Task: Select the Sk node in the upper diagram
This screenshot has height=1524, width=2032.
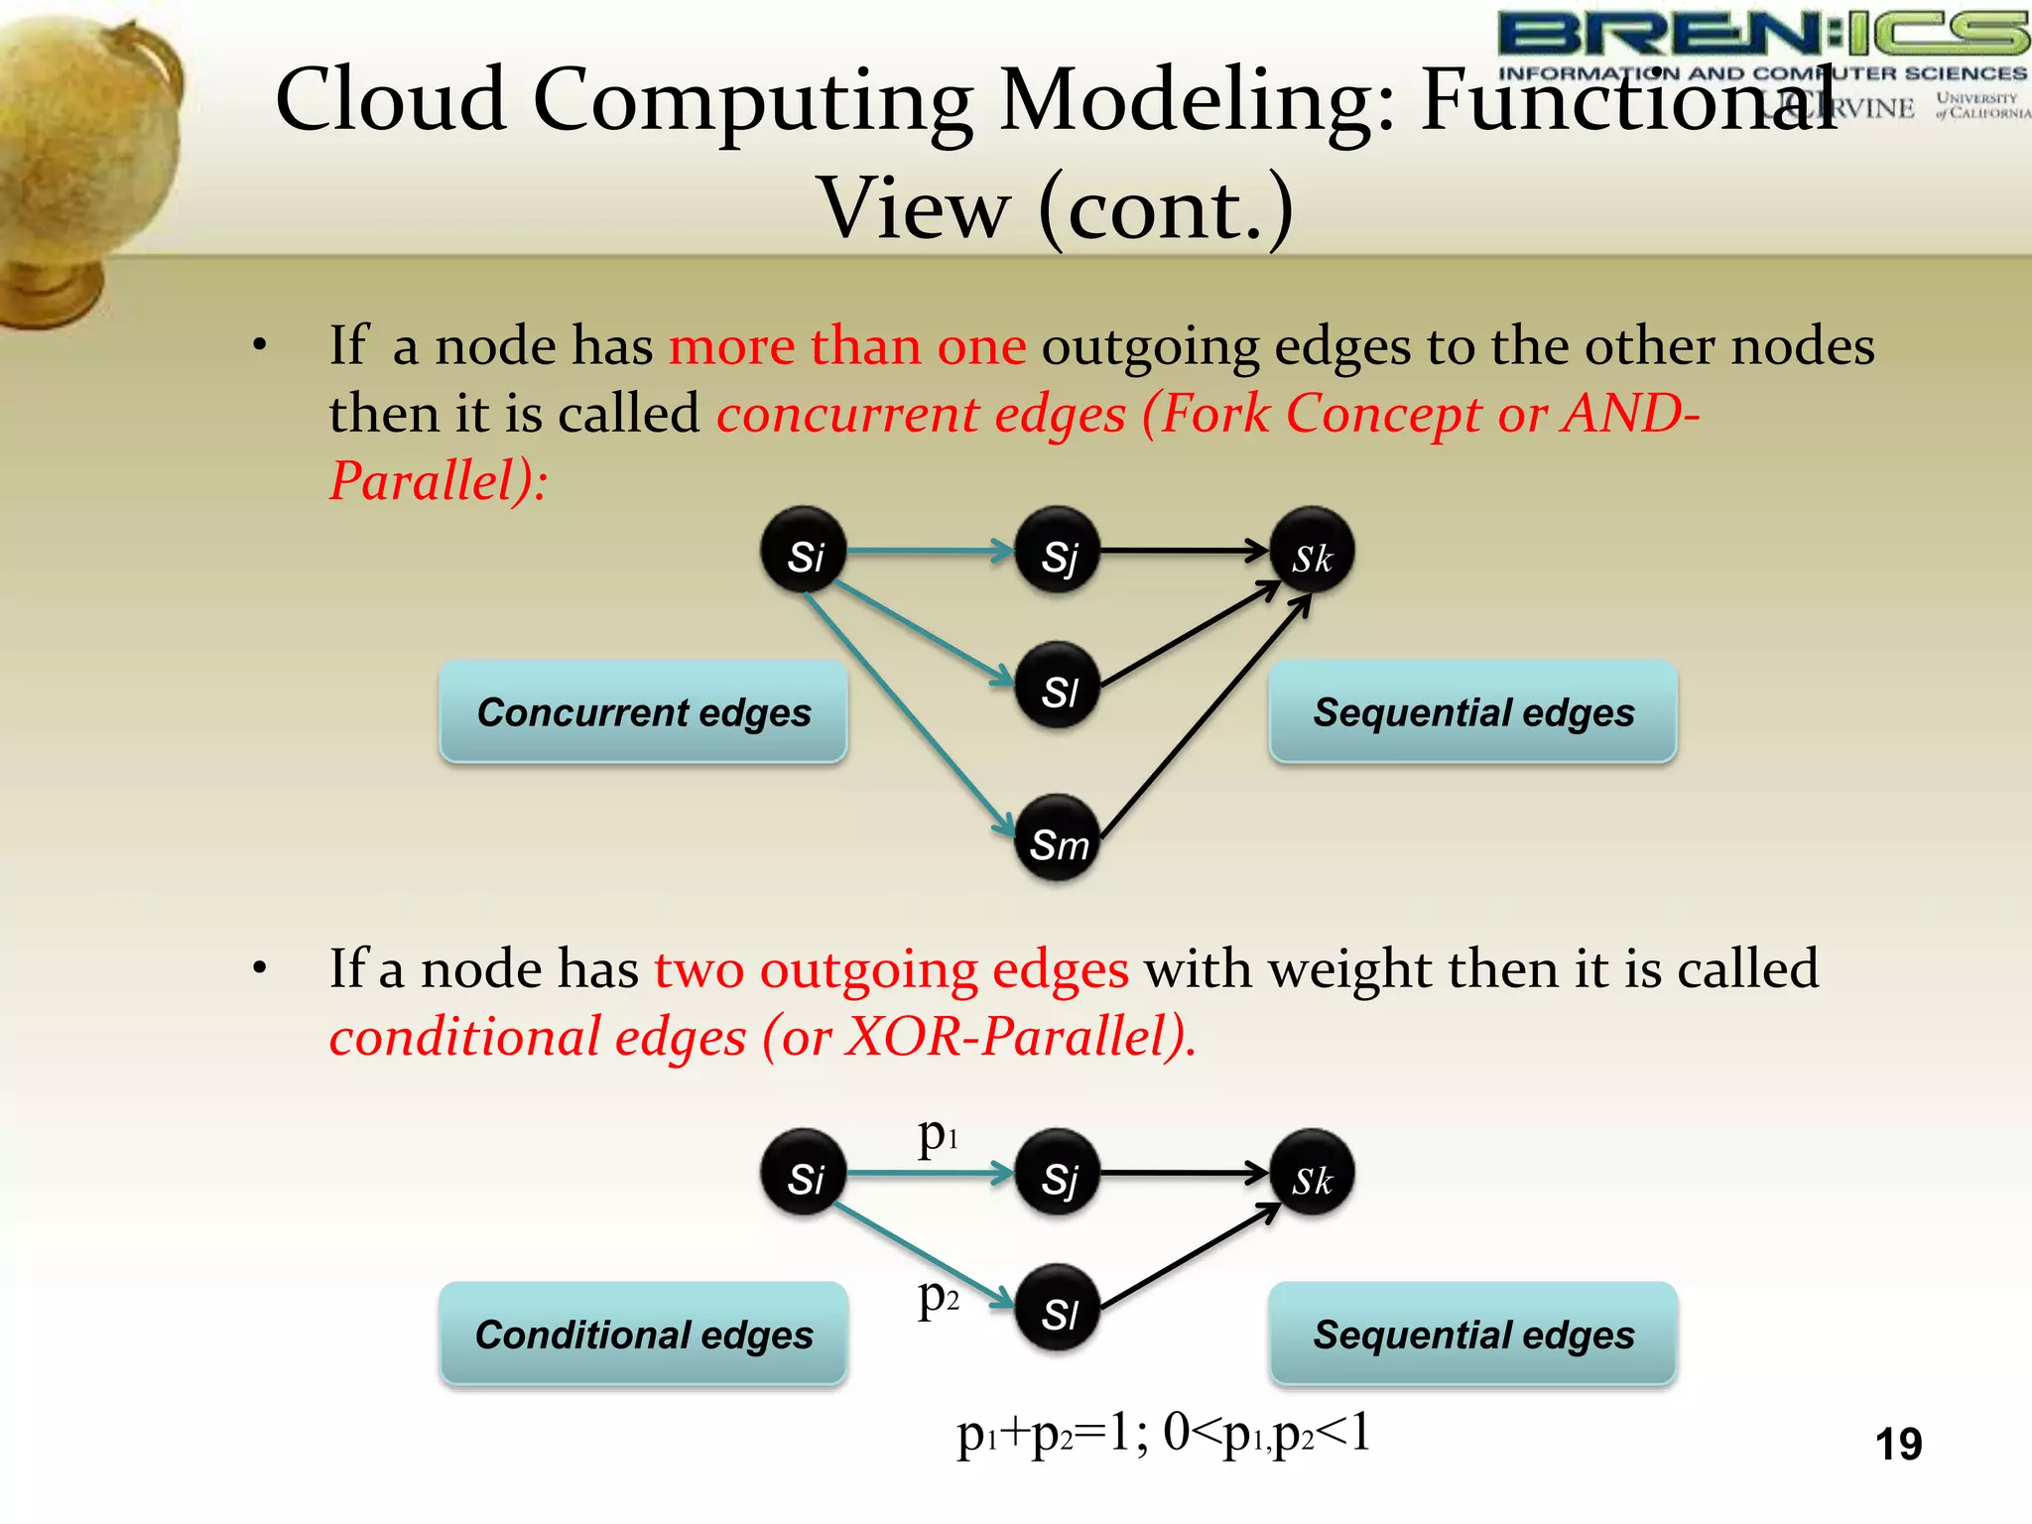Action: click(1312, 551)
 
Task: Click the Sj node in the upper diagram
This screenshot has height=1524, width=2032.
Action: click(1058, 551)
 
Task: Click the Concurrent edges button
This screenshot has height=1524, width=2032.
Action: click(643, 711)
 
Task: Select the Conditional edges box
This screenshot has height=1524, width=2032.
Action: click(643, 1333)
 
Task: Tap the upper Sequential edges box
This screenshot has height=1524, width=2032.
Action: click(1473, 711)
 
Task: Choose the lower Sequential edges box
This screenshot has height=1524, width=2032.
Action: click(1473, 1333)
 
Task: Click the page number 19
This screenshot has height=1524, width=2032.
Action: click(1898, 1444)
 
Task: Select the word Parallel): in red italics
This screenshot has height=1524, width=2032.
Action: click(438, 481)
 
